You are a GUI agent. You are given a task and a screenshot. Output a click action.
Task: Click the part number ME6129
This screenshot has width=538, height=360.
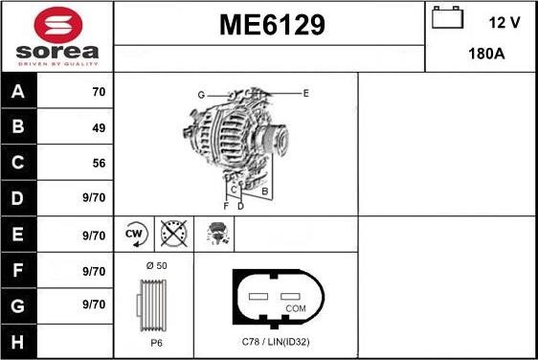click(269, 24)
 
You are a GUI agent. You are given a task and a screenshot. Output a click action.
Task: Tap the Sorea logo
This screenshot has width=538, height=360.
click(56, 36)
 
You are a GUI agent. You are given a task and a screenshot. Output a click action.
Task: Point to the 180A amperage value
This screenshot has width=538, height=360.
click(487, 55)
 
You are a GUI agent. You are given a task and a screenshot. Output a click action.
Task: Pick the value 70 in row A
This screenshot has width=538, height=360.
click(98, 93)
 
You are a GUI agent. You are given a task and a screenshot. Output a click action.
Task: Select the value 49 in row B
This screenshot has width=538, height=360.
click(98, 127)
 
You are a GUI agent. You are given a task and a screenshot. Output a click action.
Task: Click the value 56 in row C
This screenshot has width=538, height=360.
click(98, 163)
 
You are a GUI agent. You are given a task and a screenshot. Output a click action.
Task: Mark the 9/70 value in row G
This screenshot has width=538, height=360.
click(94, 304)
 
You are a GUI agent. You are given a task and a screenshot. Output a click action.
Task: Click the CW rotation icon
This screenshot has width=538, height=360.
click(135, 234)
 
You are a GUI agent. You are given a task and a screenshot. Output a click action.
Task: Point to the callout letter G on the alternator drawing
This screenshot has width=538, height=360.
click(201, 95)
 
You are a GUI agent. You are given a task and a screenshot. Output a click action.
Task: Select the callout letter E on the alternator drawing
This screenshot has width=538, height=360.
click(305, 93)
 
